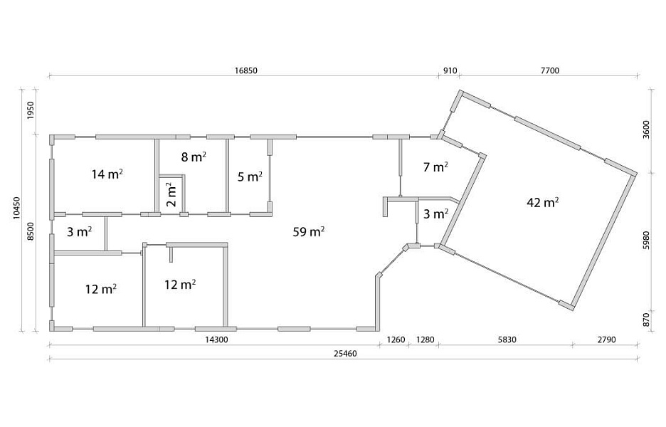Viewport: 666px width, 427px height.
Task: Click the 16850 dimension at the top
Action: coord(246,70)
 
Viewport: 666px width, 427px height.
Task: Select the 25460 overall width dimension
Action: coord(345,354)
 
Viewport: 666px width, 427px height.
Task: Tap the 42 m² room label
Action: coord(542,202)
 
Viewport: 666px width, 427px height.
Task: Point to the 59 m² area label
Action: coord(309,232)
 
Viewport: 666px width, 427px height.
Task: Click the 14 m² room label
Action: coord(107,174)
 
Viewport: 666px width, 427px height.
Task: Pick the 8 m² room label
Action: coord(194,157)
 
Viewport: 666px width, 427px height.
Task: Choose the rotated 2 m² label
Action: coord(171,194)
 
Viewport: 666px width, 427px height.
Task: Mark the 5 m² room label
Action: coord(250,176)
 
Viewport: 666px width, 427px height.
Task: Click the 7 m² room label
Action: coord(435,167)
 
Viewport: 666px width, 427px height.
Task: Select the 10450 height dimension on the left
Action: coord(16,208)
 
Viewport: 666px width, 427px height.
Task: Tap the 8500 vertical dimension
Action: coord(30,231)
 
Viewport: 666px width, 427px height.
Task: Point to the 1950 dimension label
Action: coord(30,110)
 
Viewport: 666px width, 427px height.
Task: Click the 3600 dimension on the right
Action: coord(646,130)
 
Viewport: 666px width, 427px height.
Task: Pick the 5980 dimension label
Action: coord(646,240)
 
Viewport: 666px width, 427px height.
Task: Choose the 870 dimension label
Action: coord(646,319)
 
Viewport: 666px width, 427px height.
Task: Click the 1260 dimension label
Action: coord(396,339)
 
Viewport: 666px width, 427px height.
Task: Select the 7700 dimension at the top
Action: coord(549,70)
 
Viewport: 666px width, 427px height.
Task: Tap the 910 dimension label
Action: coord(450,70)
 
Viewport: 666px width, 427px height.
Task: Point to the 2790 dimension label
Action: coord(606,339)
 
